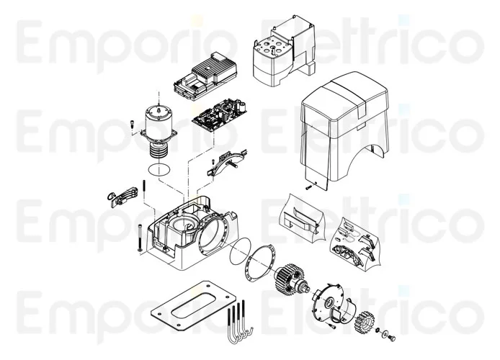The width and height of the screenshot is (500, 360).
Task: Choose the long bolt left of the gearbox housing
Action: tap(134, 238)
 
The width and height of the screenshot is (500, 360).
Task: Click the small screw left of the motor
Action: tap(132, 127)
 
